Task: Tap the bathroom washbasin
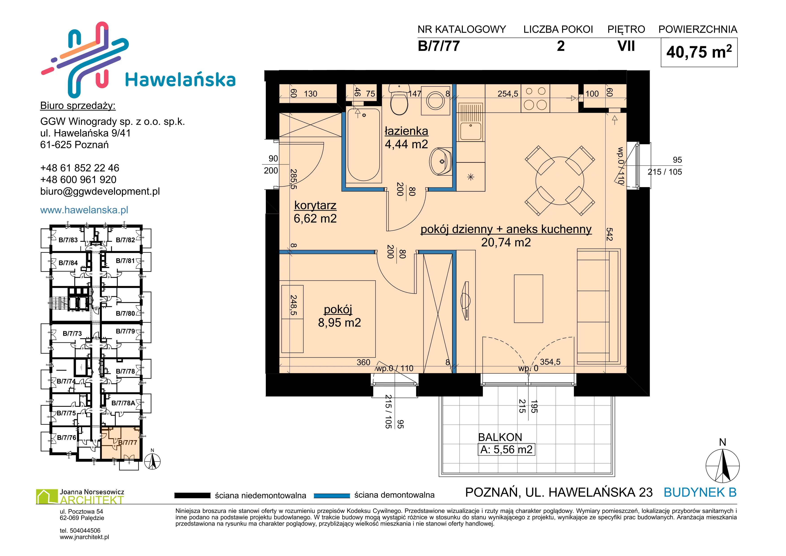[x=441, y=161]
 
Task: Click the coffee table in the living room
[x=528, y=299]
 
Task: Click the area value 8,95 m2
[x=339, y=323]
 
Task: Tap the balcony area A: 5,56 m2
[x=506, y=449]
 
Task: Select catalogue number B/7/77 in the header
[x=439, y=46]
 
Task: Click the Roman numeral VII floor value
[x=626, y=46]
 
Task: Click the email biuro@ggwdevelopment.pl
[x=100, y=191]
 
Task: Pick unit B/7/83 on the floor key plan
[x=68, y=240]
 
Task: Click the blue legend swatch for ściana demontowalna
[x=332, y=495]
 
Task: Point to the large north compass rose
[x=722, y=466]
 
